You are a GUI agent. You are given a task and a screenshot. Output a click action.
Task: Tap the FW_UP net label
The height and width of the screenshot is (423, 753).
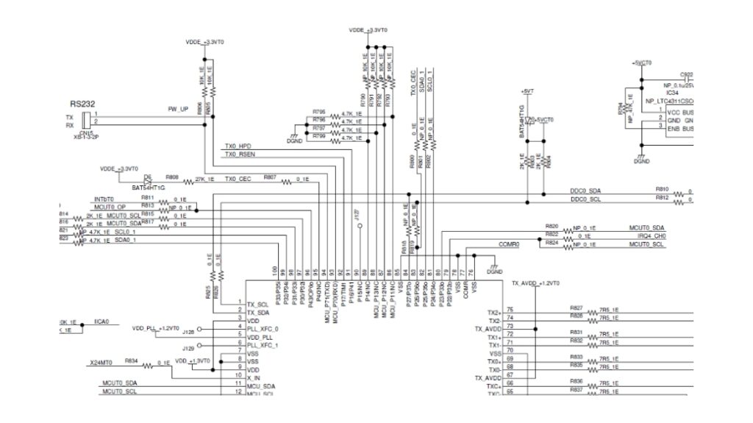click(178, 109)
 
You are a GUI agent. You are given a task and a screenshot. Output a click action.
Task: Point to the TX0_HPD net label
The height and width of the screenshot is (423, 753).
click(239, 146)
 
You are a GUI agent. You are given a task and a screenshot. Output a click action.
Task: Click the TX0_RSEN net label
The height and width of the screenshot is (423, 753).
click(240, 155)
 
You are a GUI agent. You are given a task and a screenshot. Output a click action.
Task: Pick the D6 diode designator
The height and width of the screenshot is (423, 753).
click(148, 177)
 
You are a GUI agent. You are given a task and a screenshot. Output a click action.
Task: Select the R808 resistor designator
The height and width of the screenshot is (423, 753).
click(171, 177)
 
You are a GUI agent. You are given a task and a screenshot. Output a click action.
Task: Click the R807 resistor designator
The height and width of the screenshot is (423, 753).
click(270, 177)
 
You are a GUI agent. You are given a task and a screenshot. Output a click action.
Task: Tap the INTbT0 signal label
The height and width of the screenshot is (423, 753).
click(103, 199)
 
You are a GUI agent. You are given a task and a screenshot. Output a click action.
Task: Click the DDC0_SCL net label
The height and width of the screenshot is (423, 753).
click(585, 199)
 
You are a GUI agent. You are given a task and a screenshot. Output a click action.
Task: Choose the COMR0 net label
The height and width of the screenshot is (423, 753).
click(509, 244)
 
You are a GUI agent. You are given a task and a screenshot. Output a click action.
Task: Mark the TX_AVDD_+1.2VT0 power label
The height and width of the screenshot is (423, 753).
click(535, 283)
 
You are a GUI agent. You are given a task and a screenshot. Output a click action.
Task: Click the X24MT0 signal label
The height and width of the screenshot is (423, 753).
click(101, 362)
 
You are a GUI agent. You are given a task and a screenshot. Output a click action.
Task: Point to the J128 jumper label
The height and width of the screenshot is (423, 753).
click(188, 333)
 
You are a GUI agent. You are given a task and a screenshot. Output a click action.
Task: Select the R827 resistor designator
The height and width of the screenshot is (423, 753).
click(576, 307)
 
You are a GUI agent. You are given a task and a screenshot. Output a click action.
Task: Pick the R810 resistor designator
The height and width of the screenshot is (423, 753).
click(662, 189)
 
